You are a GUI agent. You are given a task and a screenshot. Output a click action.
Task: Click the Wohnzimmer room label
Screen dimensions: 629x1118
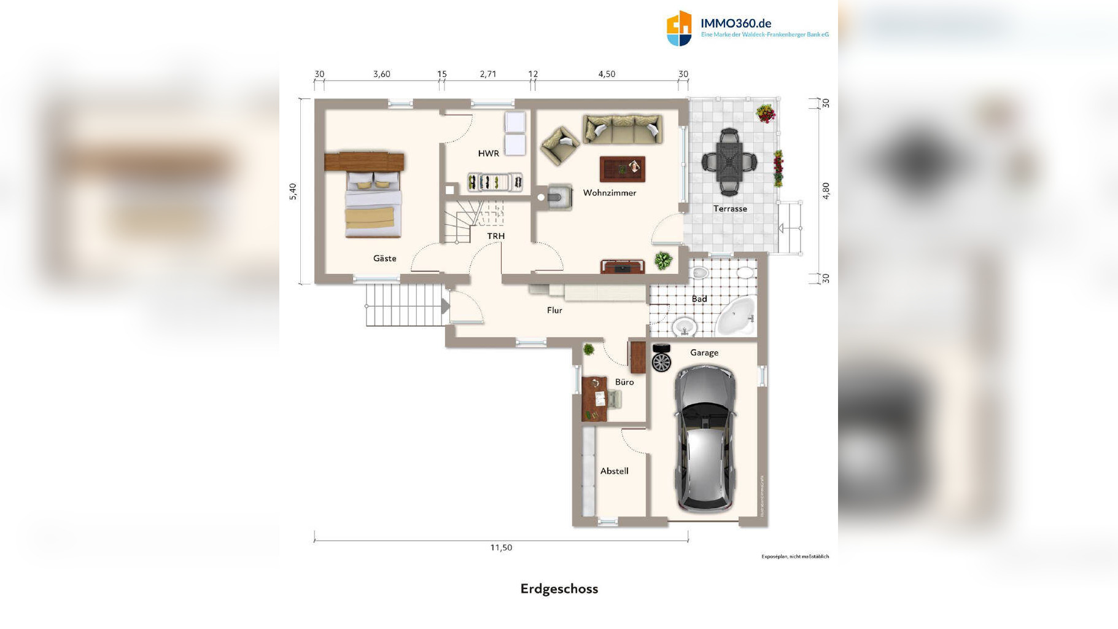(x=609, y=193)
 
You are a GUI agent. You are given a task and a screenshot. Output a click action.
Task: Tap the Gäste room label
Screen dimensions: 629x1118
(x=384, y=259)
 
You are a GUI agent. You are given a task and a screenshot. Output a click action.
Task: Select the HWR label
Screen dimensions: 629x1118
(x=488, y=154)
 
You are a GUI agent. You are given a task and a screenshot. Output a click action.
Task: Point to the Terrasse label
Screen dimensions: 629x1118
(x=730, y=209)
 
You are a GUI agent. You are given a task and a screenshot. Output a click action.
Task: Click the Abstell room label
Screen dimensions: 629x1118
(x=614, y=471)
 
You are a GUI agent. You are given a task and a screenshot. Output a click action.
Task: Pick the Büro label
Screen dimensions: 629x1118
(x=624, y=382)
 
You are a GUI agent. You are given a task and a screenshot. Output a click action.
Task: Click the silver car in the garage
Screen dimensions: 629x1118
(x=705, y=439)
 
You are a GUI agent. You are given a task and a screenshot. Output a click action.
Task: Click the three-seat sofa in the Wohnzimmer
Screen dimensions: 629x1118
(x=622, y=129)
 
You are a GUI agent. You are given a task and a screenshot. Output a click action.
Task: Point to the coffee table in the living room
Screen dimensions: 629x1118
(x=622, y=169)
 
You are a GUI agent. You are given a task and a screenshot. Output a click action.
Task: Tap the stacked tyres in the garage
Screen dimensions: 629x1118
(x=661, y=358)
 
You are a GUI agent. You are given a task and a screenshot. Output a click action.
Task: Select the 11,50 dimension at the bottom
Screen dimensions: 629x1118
(x=501, y=547)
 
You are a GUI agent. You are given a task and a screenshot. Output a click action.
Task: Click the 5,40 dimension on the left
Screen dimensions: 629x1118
(x=293, y=191)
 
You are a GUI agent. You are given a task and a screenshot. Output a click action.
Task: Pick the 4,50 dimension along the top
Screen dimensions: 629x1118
(x=607, y=74)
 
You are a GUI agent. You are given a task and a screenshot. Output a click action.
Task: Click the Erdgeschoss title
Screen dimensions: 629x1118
(x=559, y=588)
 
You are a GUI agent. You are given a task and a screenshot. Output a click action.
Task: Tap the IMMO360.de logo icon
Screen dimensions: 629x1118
(x=679, y=28)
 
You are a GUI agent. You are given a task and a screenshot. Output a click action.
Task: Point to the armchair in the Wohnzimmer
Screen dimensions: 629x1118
(x=559, y=146)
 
